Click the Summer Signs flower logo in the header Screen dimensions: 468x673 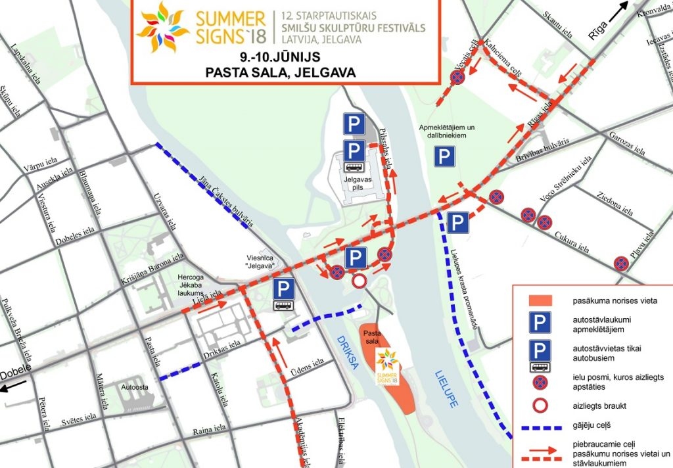click(157, 27)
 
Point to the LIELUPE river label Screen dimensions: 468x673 click(448, 388)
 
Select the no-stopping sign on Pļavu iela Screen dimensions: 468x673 click(620, 264)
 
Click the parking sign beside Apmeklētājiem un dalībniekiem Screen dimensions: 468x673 click(444, 156)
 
